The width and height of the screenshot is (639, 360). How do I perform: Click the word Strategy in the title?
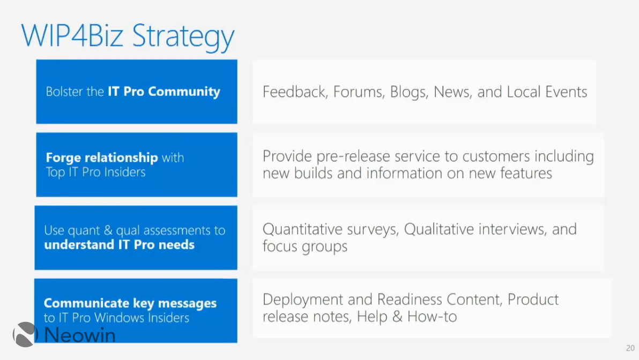(x=183, y=36)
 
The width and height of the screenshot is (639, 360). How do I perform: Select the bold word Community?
(x=184, y=92)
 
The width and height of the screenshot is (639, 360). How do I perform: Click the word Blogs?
(x=408, y=93)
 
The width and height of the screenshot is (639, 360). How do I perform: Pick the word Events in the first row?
(x=566, y=92)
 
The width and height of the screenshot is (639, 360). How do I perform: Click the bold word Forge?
(x=63, y=158)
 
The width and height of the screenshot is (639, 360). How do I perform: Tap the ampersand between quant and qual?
(x=108, y=230)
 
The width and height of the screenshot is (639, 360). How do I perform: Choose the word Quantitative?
(x=302, y=229)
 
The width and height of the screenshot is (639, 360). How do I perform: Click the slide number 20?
(x=630, y=348)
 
